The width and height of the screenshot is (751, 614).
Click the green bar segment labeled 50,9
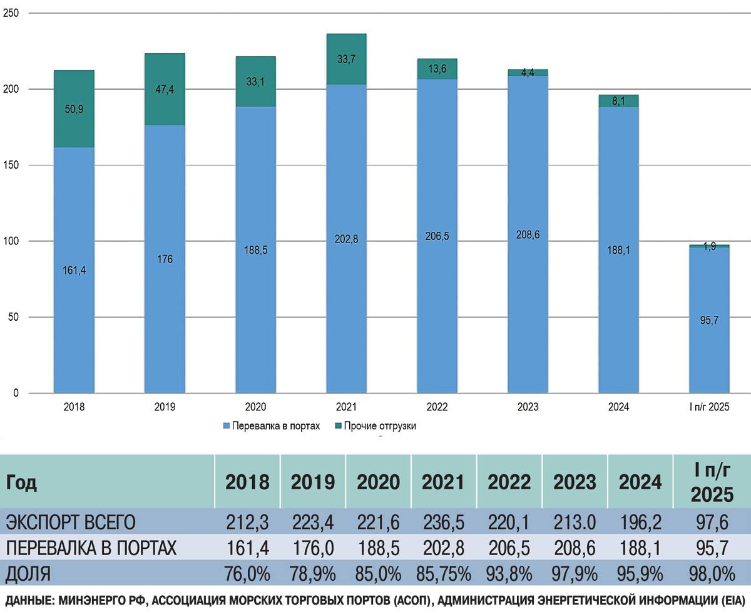(73, 108)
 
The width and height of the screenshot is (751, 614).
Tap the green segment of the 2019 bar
(164, 89)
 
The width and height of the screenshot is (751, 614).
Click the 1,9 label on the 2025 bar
(709, 246)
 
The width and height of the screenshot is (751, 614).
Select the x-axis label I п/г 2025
(709, 407)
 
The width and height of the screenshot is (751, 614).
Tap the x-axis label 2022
(437, 407)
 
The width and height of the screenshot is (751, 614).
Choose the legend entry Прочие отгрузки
(384, 426)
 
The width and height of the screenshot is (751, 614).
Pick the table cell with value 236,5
(444, 521)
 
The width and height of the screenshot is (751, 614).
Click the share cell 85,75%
(444, 573)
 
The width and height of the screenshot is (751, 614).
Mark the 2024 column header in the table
(640, 482)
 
